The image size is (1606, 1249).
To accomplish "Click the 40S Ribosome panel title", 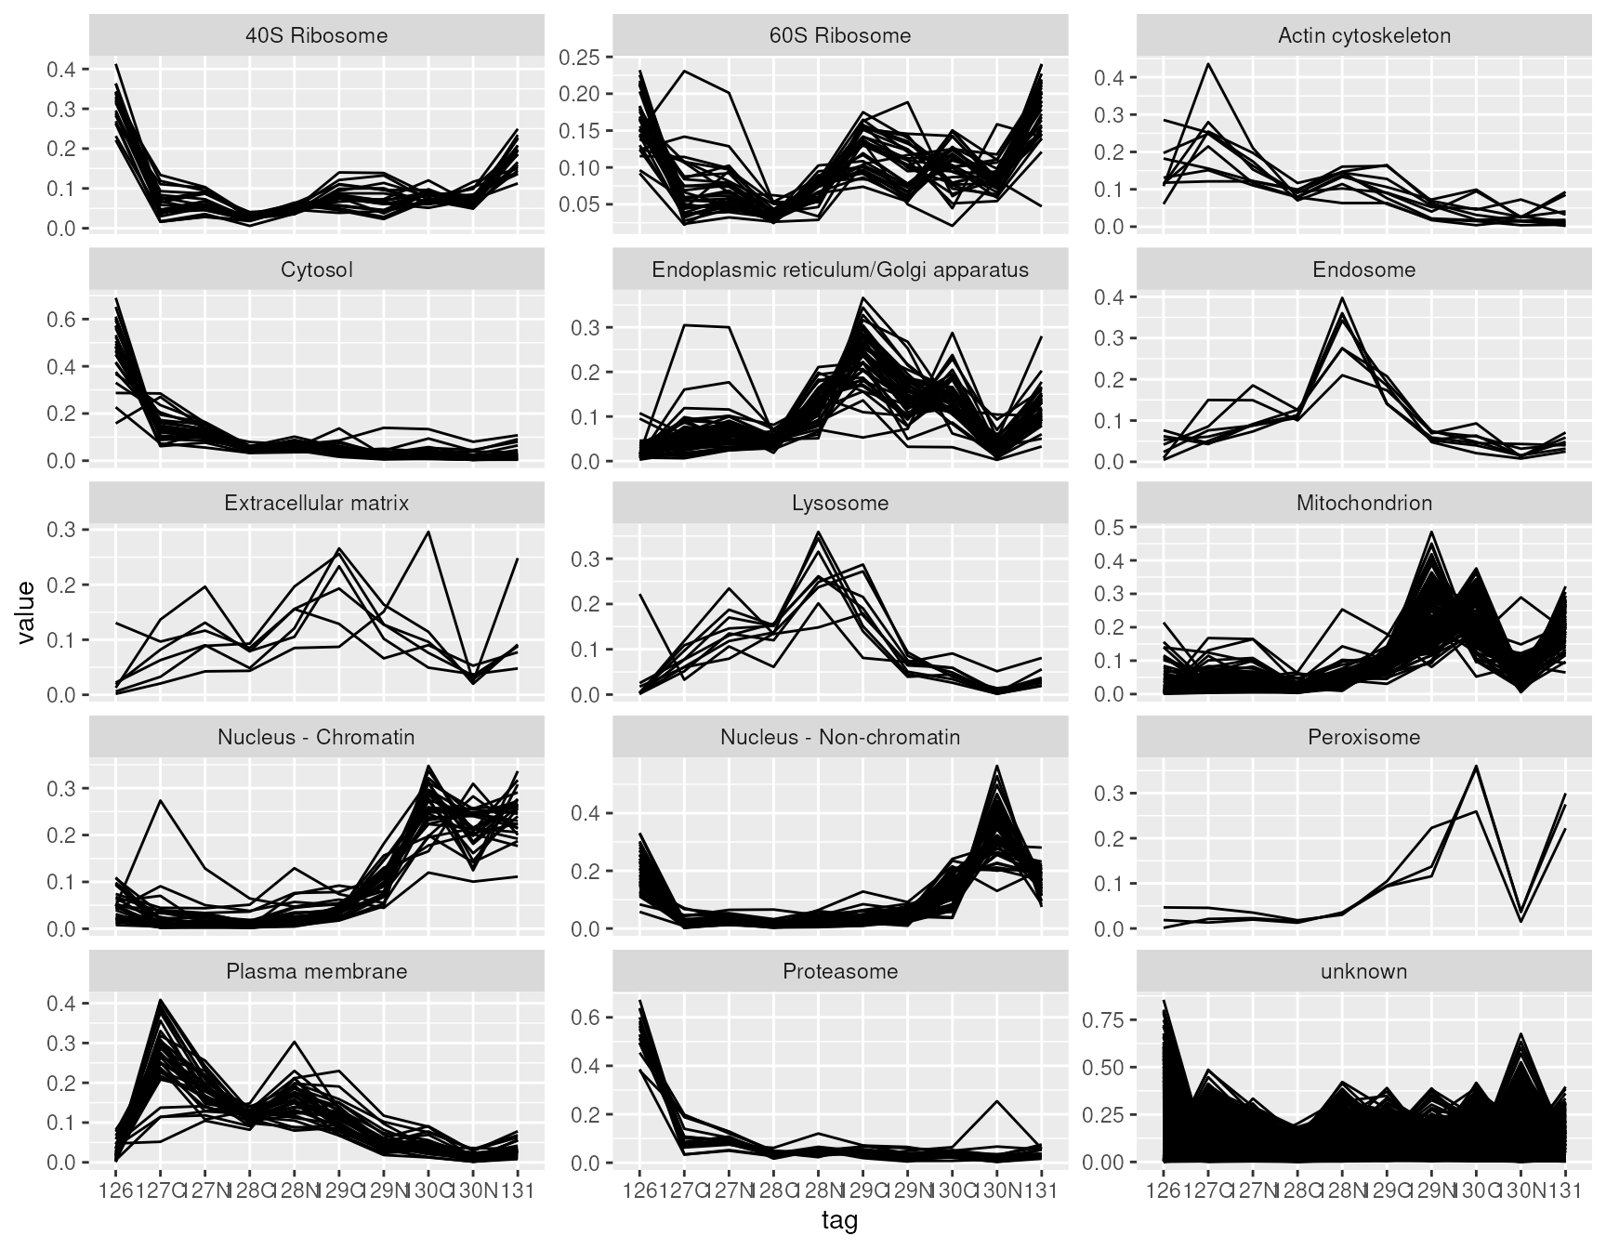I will coord(316,36).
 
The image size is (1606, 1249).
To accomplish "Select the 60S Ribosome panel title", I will coord(840,36).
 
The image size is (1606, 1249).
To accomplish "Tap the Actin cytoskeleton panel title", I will coord(1363,36).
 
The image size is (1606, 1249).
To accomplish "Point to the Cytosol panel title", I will coord(316,270).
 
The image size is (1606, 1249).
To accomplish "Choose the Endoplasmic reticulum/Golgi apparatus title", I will coord(840,270).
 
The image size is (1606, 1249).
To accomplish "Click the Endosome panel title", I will coord(1363,270).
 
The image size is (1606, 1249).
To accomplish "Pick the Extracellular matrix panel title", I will coord(316,504).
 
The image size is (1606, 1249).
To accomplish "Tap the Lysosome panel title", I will coord(840,504).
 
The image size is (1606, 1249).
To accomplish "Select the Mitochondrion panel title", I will coord(1363,504).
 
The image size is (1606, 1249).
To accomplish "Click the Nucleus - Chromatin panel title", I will coord(316,738).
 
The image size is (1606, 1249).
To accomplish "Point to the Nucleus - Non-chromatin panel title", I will coord(840,738).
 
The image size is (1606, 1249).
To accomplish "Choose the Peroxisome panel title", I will coord(1363,738).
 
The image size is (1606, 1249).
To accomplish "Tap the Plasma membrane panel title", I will coord(316,972).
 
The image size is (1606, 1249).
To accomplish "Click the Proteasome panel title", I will coord(840,972).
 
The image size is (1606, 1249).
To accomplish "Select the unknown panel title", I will coord(1363,972).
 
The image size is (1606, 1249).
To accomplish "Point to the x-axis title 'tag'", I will coord(839,1221).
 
